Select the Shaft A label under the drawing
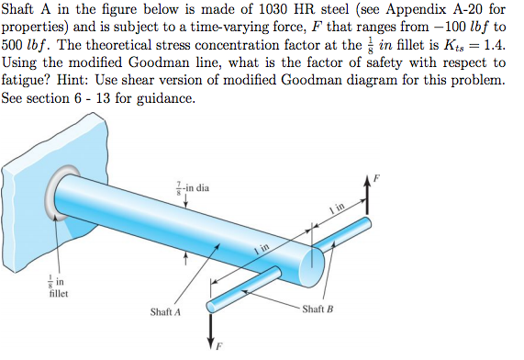click(164, 312)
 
